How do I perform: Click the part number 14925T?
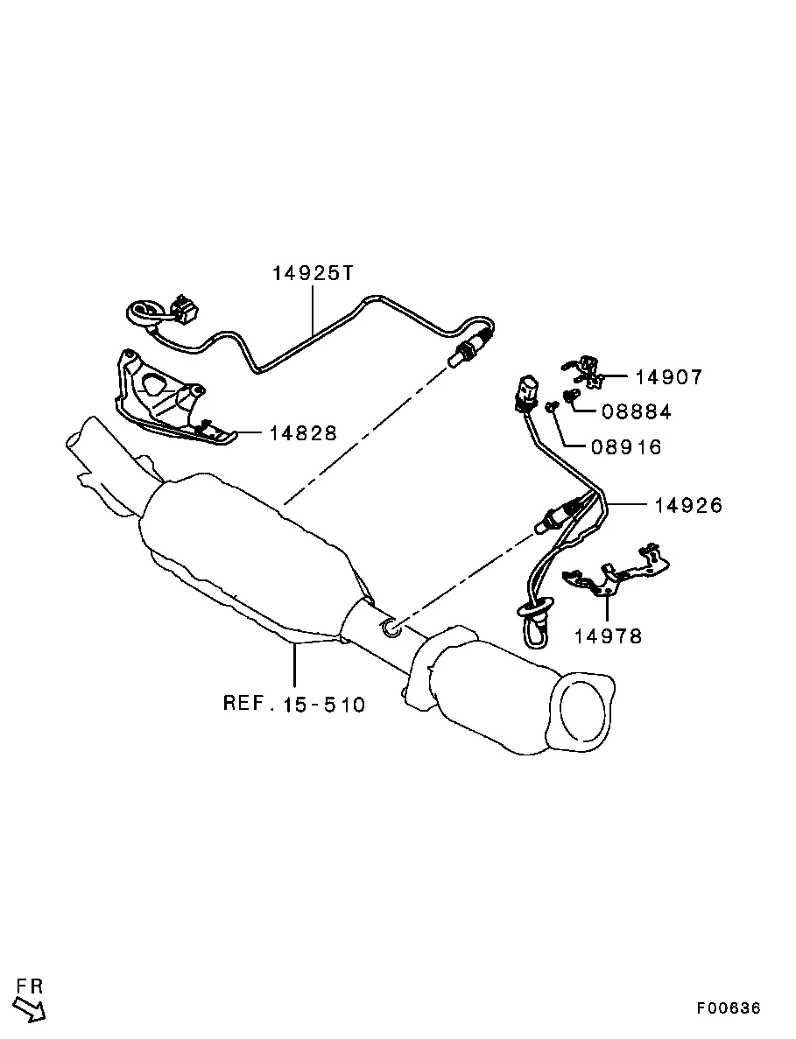[314, 273]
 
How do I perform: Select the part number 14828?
[303, 433]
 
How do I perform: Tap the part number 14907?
[668, 377]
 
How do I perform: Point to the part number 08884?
[637, 412]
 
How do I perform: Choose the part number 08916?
[626, 447]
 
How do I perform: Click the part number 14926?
[688, 506]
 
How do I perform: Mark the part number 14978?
[608, 636]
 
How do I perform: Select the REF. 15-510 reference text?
[294, 703]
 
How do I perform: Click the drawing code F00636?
[728, 1007]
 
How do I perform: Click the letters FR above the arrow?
[30, 986]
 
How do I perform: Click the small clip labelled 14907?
[585, 372]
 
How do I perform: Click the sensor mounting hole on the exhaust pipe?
[391, 628]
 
